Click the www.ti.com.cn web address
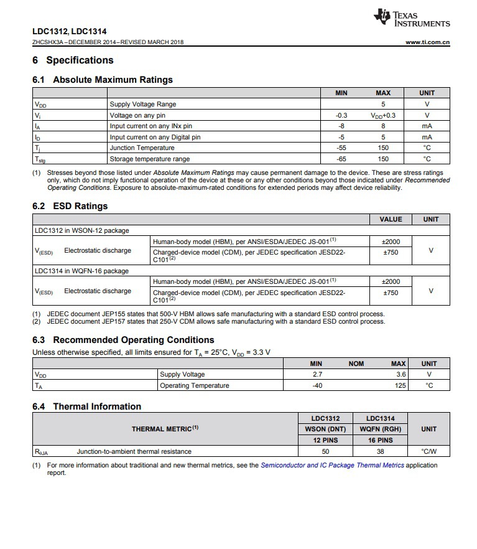pyautogui.click(x=427, y=42)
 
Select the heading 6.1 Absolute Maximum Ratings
pyautogui.click(x=103, y=80)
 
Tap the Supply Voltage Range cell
pyautogui.click(x=142, y=105)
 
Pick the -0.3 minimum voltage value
pyautogui.click(x=341, y=115)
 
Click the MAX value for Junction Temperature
pyautogui.click(x=383, y=148)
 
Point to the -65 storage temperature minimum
pyautogui.click(x=341, y=159)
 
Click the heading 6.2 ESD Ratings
pyautogui.click(x=70, y=206)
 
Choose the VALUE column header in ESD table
pyautogui.click(x=391, y=219)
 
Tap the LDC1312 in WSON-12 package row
pyautogui.click(x=81, y=230)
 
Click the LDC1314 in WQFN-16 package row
pyautogui.click(x=81, y=271)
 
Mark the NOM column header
pyautogui.click(x=356, y=364)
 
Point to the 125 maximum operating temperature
pyautogui.click(x=400, y=385)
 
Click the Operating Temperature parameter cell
pyautogui.click(x=194, y=385)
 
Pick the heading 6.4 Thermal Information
pyautogui.click(x=86, y=406)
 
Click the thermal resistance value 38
pyautogui.click(x=381, y=451)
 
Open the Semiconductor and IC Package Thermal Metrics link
pyautogui.click(x=332, y=465)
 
